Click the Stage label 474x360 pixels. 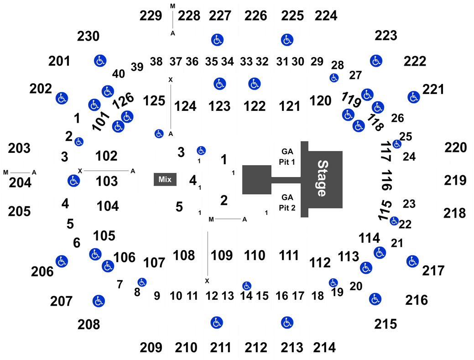(322, 178)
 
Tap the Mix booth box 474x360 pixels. (165, 179)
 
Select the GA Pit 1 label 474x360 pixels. (287, 157)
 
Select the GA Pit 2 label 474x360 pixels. (287, 203)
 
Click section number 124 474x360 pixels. (185, 106)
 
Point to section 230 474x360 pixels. (88, 36)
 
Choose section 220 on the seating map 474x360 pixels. (456, 147)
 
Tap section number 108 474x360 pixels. (184, 256)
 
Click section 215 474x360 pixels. (385, 324)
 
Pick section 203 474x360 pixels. (19, 148)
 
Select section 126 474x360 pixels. (123, 100)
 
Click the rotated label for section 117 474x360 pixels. (386, 151)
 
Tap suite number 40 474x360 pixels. (119, 74)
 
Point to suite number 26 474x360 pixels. (397, 118)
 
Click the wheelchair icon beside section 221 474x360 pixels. (413, 97)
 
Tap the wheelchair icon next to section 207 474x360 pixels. (99, 301)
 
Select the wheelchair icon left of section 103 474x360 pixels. (73, 181)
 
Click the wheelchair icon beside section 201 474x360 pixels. (100, 61)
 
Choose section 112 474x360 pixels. (320, 262)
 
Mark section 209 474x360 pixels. (151, 348)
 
